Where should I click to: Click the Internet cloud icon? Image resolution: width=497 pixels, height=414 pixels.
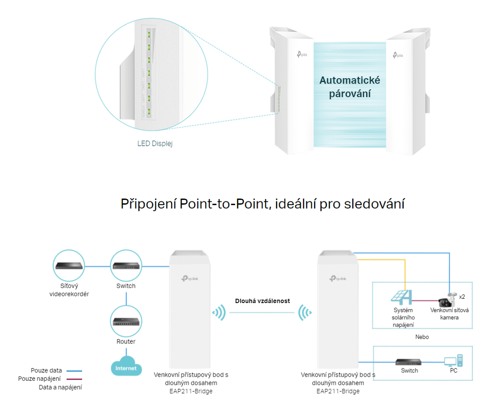(x=126, y=367)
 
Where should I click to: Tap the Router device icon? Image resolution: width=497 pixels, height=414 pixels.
(x=126, y=322)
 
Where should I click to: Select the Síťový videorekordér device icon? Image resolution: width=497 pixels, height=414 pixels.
(x=69, y=266)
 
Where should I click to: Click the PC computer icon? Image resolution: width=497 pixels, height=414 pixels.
(x=453, y=361)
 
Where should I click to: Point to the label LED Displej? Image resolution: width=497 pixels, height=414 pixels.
(x=155, y=144)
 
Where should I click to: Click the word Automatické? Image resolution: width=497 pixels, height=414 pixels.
(x=350, y=81)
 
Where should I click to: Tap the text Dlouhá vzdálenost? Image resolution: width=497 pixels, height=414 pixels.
(x=263, y=301)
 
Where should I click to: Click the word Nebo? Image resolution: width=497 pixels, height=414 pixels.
(x=422, y=337)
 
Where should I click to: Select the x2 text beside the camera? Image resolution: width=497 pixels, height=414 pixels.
(x=462, y=296)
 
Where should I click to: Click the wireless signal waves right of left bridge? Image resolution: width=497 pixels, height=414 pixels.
(x=218, y=312)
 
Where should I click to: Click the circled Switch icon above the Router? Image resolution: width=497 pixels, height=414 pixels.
(x=126, y=266)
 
